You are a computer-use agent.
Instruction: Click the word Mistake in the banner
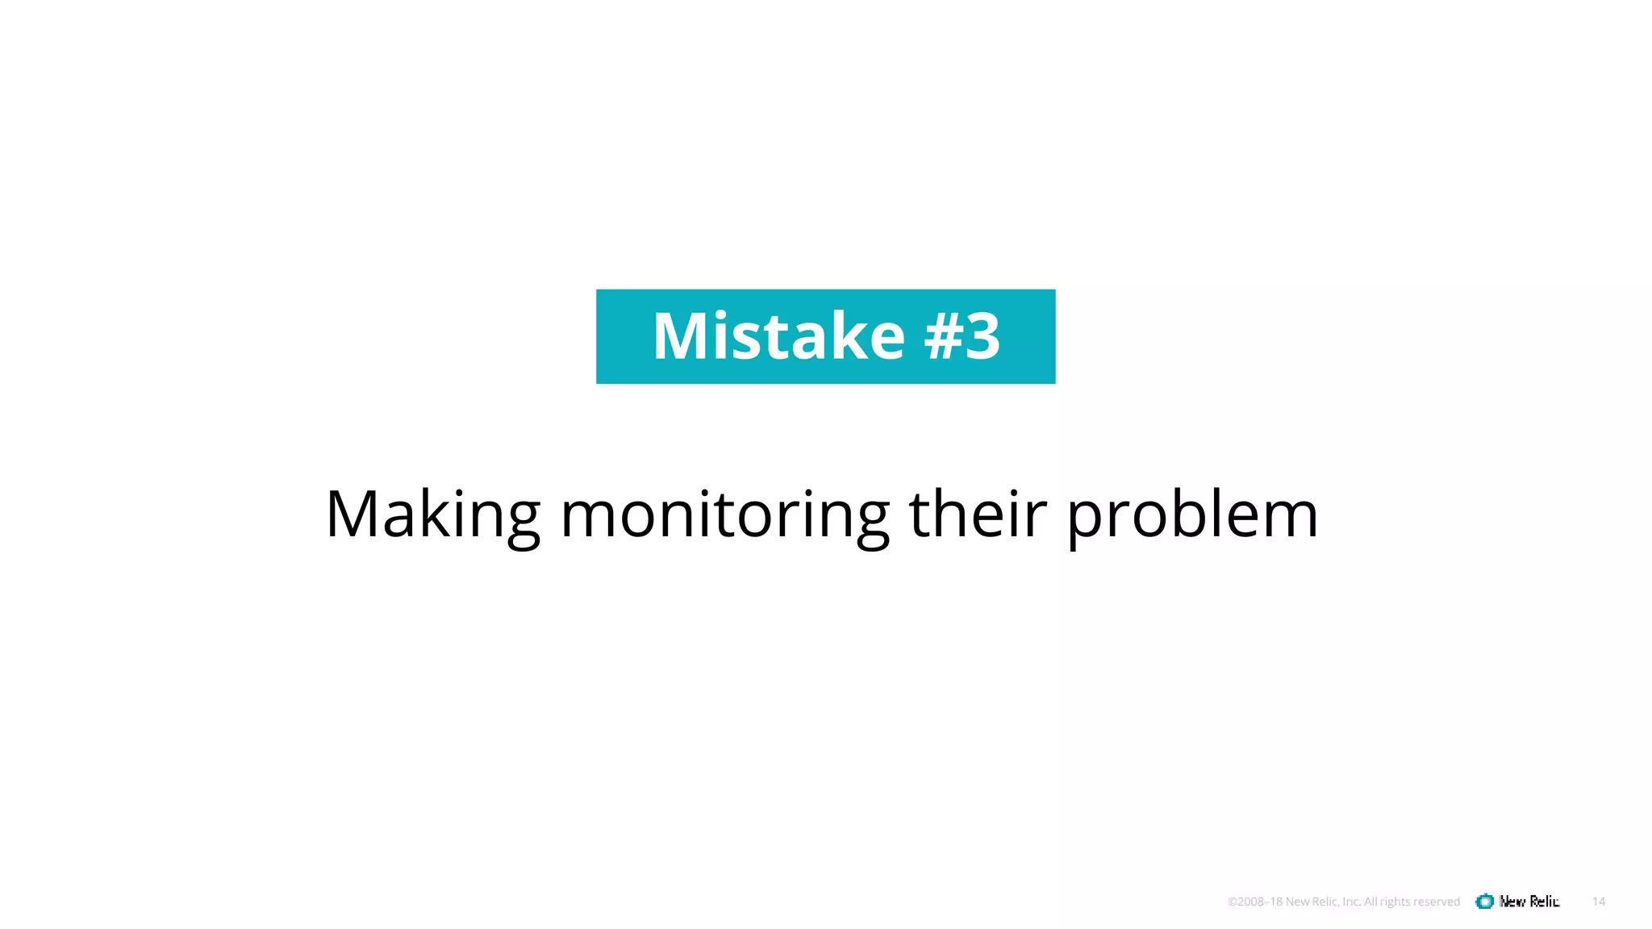(778, 335)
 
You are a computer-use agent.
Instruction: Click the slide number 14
(1599, 902)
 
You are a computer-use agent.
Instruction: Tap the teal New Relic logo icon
(1484, 902)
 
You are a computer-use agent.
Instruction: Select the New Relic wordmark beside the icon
(1529, 902)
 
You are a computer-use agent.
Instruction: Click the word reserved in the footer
(1437, 902)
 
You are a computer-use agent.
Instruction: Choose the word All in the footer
(1370, 902)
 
